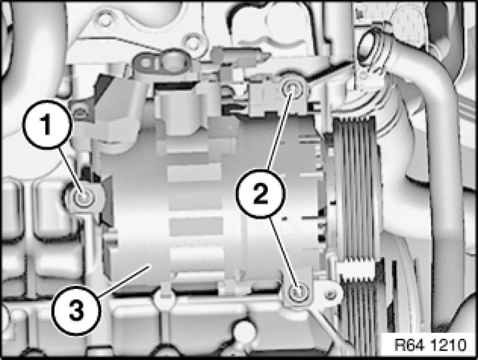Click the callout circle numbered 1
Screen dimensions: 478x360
point(47,125)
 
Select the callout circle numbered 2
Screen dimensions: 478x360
point(260,193)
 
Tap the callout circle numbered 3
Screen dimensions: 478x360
point(76,310)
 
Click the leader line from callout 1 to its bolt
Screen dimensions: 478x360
point(70,171)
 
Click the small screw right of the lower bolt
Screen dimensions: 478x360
point(329,294)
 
